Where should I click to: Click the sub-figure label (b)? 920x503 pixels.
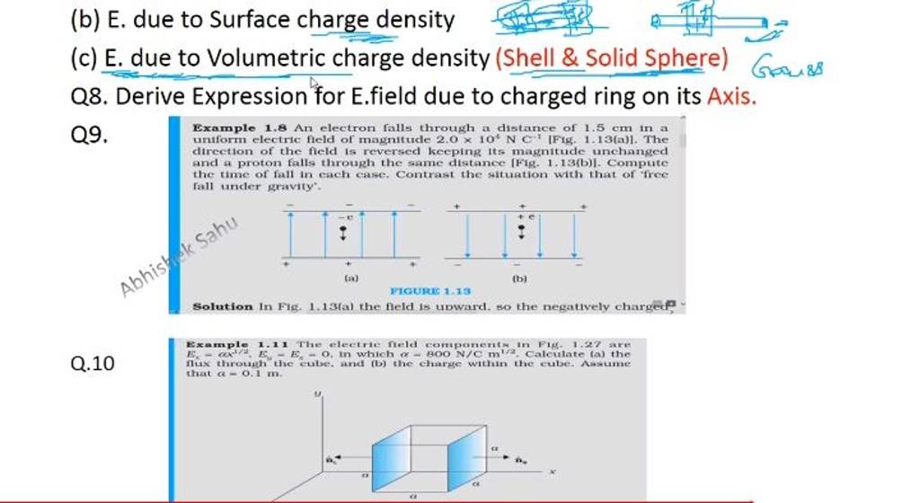tap(518, 279)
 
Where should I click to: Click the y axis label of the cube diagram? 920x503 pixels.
tap(317, 393)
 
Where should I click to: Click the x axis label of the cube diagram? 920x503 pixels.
tap(554, 469)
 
